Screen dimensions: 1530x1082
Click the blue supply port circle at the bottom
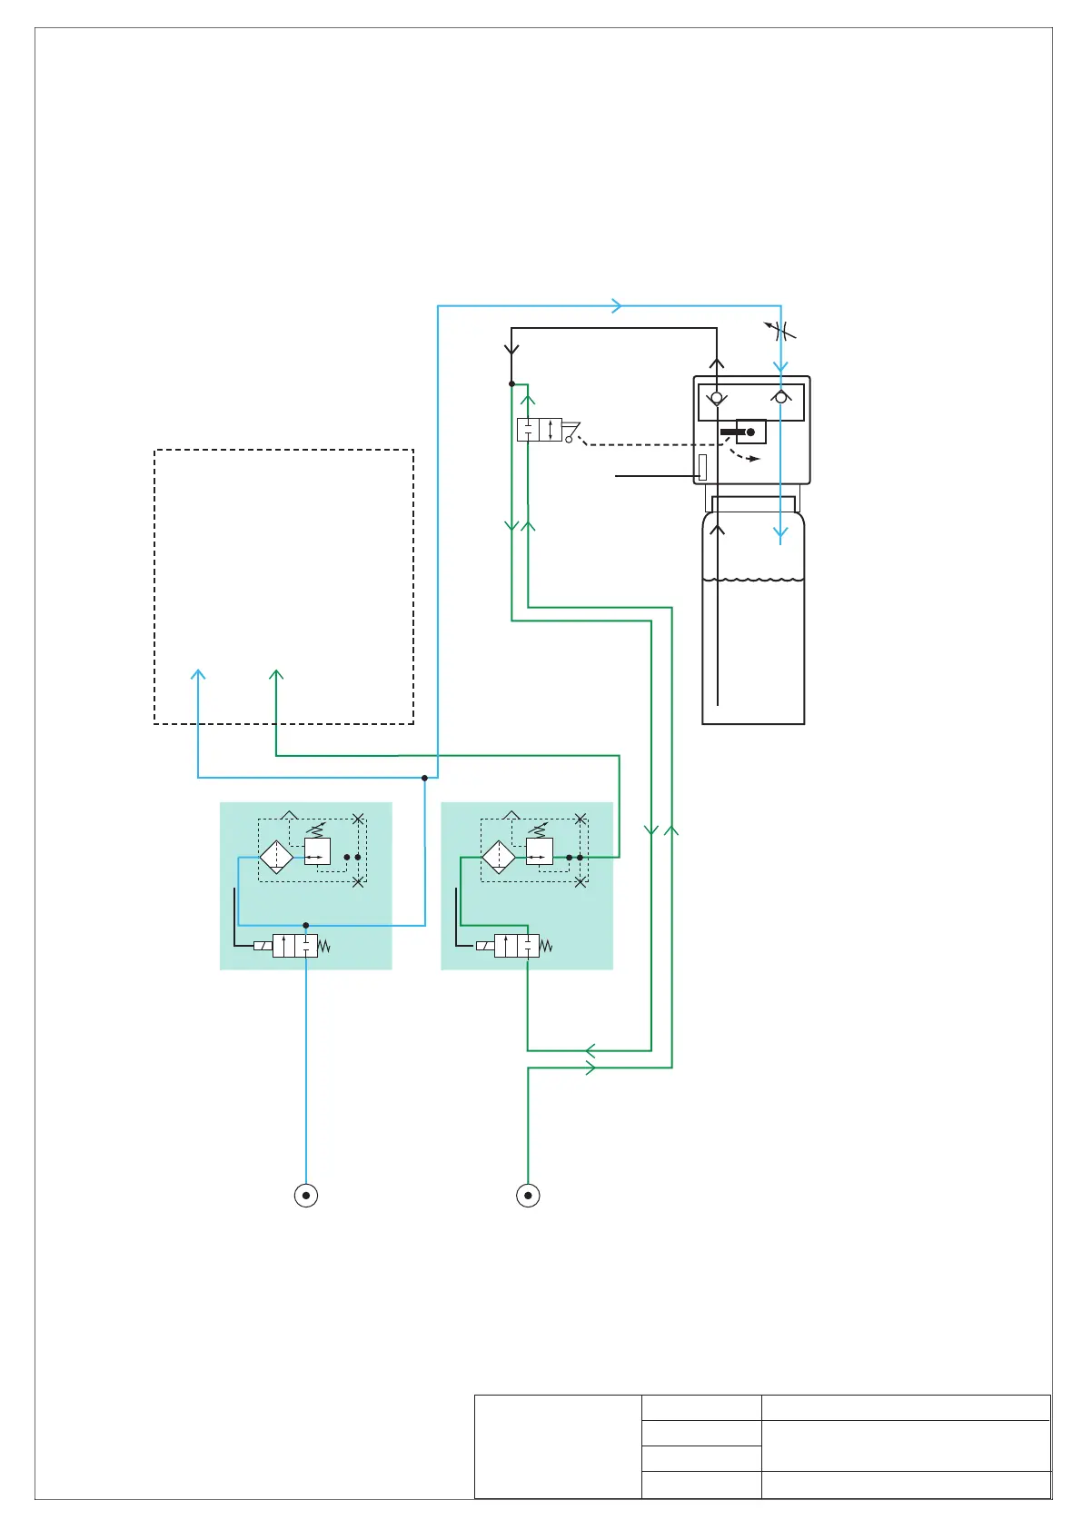coord(306,1195)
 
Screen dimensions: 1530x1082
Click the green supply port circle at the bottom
coord(528,1195)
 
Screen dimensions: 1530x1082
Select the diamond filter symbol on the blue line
coord(276,857)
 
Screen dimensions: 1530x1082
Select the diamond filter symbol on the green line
coord(499,857)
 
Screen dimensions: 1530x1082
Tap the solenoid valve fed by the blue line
coord(294,946)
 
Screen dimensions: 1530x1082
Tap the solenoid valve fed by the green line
coord(516,946)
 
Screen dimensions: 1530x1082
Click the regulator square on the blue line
coord(317,851)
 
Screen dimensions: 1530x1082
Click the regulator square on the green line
coord(540,851)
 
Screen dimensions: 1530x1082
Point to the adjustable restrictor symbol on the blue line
coord(780,331)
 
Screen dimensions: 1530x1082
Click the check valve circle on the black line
coord(717,398)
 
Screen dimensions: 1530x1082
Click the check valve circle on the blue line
coord(780,397)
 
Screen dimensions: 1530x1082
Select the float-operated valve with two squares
coord(539,430)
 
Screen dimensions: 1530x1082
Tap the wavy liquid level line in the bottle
coord(753,578)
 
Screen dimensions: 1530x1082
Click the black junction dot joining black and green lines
coord(512,383)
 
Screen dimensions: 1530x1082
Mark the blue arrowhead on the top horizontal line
coord(618,306)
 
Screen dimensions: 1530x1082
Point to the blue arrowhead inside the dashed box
coord(198,674)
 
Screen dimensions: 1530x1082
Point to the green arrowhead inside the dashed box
coord(276,674)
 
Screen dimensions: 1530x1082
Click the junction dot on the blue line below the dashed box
coord(424,778)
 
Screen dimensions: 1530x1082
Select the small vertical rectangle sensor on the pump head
coord(702,467)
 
